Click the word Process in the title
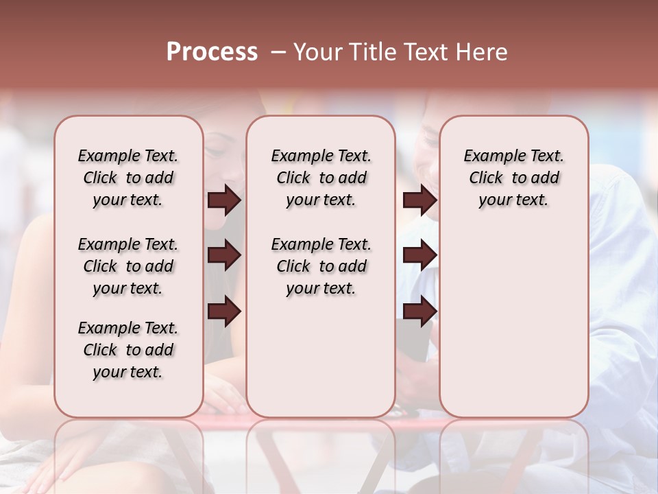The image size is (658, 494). tap(212, 52)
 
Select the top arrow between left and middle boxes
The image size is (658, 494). tap(224, 200)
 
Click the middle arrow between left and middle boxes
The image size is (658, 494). tap(224, 256)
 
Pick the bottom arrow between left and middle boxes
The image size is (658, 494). tap(224, 311)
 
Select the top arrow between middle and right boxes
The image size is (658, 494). tap(419, 200)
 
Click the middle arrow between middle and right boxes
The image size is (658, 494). tap(419, 256)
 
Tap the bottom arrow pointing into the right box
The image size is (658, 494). tap(419, 311)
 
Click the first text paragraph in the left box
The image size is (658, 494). tap(128, 178)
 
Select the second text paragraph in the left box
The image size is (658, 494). tap(128, 266)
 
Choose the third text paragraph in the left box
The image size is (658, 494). tap(128, 350)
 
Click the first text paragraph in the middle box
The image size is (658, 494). tap(321, 178)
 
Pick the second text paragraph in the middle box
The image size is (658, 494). tap(321, 266)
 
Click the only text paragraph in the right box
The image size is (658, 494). tap(513, 178)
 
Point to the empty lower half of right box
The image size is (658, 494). tap(513, 329)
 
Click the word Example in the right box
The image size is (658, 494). tap(491, 156)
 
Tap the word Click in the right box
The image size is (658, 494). tap(486, 178)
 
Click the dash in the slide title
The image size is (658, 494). tap(278, 52)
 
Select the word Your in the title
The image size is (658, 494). tap(318, 52)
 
